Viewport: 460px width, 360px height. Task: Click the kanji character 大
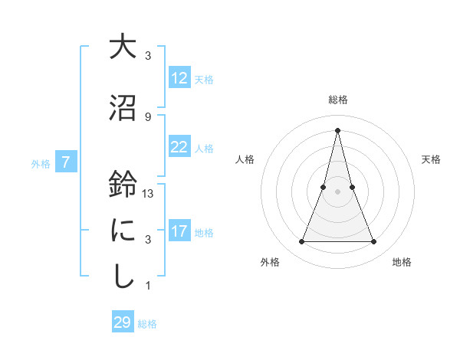coord(122,47)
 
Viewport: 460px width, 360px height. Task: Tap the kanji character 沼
coord(122,107)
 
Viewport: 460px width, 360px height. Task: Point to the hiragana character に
coord(122,230)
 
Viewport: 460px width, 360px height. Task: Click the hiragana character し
coord(122,276)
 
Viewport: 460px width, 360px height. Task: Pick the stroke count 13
coord(149,194)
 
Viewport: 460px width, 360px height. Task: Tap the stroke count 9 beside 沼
coord(148,116)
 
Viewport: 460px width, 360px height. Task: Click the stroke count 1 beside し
coord(148,286)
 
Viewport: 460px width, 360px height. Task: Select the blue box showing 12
coord(179,78)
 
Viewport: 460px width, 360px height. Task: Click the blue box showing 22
coord(179,147)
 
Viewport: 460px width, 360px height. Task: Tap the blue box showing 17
coord(179,231)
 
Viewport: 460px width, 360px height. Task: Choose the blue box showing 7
coord(66,162)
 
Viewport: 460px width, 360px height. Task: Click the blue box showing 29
coord(123,322)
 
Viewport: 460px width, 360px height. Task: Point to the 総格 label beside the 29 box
coord(147,324)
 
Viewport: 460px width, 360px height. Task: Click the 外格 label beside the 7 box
coord(41,163)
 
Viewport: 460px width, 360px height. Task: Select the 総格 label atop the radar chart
coord(337,100)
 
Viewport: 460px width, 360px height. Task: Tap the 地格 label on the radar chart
coord(402,262)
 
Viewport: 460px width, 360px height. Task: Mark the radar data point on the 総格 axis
coord(337,129)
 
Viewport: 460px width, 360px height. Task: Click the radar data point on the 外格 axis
coord(301,242)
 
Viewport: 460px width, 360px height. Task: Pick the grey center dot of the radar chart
coord(337,191)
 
